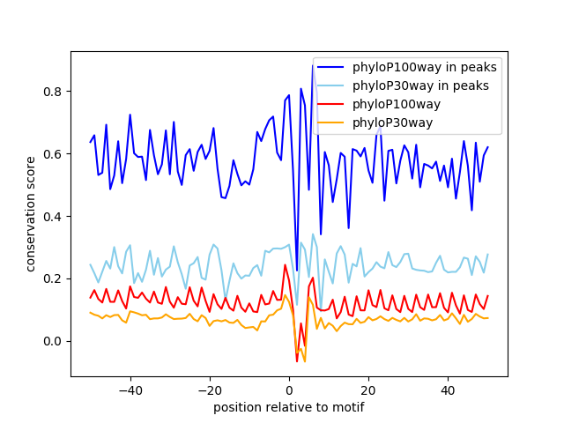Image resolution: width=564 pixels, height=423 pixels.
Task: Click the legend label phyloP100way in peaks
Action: pos(425,67)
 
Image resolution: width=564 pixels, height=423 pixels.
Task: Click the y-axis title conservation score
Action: pos(31,213)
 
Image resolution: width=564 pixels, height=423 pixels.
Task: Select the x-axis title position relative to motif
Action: pos(288,407)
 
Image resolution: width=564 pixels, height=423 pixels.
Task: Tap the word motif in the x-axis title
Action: pos(347,407)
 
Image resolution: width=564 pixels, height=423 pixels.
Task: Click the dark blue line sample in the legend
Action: pos(332,67)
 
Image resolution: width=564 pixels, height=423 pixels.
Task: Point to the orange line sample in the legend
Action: pos(332,122)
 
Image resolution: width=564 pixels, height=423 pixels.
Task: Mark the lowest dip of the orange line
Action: pos(305,361)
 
